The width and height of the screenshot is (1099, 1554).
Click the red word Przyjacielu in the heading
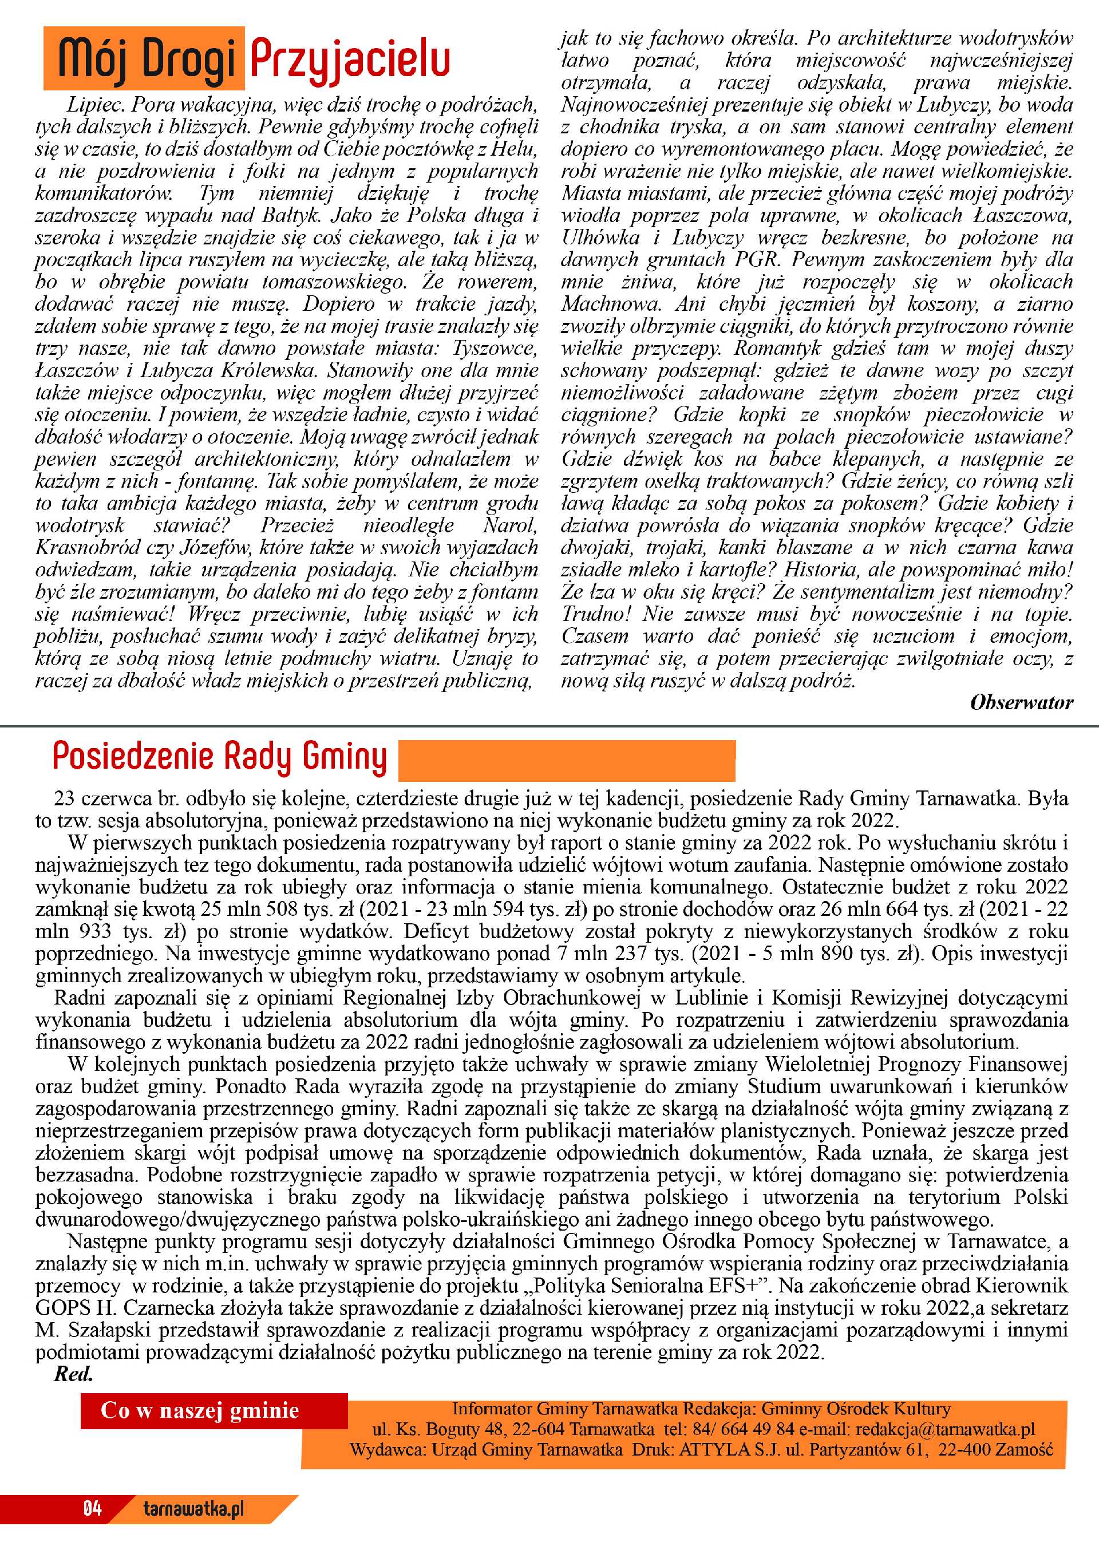pos(350,60)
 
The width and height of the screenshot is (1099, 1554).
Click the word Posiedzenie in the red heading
pos(133,757)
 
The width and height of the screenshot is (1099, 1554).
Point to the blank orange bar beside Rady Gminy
pos(567,761)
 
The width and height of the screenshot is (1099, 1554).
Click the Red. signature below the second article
pos(73,1375)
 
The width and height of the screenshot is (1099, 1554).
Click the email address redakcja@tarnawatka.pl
pos(944,1429)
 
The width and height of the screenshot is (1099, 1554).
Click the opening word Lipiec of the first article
pos(96,105)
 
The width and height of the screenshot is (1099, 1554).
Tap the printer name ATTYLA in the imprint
pos(714,1449)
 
